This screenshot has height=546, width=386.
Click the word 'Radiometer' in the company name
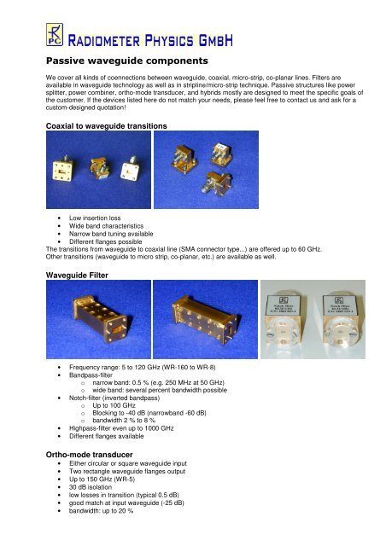114,38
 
